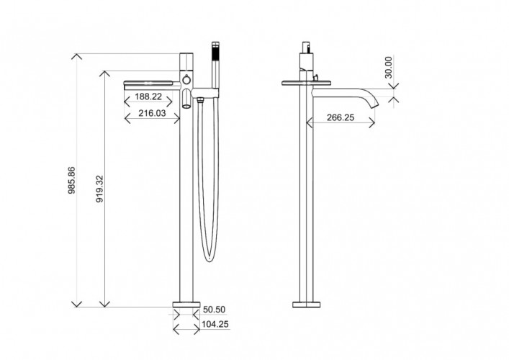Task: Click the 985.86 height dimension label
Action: (x=71, y=180)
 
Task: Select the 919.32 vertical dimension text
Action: (x=99, y=189)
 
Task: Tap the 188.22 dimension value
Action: (x=148, y=96)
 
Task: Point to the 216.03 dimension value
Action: (x=152, y=113)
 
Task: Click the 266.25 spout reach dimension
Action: (x=341, y=117)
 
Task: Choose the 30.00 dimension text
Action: (x=388, y=67)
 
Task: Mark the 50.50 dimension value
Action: (x=214, y=310)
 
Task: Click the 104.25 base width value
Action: (x=215, y=324)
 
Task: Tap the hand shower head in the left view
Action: (x=215, y=51)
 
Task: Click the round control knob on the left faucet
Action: (x=186, y=80)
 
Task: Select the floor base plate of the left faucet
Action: (x=186, y=305)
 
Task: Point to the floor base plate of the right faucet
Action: (x=307, y=305)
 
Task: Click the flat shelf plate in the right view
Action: (x=307, y=83)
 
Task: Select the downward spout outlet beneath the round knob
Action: (x=186, y=99)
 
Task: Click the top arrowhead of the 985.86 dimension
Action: (x=76, y=56)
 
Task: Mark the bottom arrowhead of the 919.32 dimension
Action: (x=104, y=304)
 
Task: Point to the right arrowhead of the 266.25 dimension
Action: (x=372, y=122)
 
